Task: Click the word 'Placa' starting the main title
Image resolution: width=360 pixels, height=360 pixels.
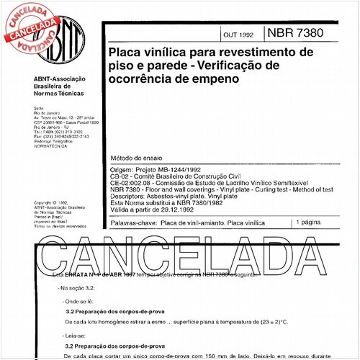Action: tap(124, 53)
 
